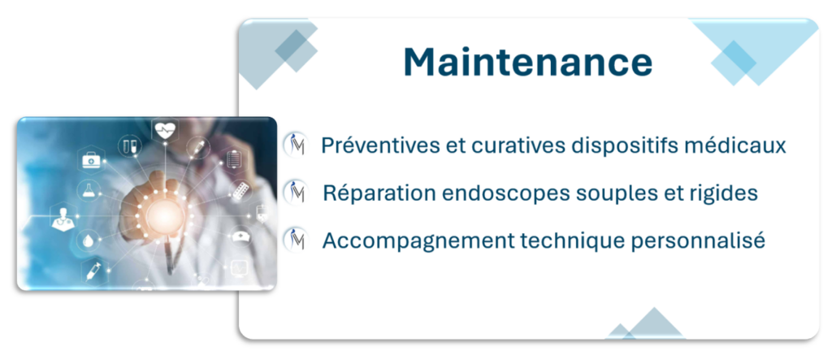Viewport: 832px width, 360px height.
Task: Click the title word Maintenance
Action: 528,62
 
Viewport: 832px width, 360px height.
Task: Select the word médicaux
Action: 746,145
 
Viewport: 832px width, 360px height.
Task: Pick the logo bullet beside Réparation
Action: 295,193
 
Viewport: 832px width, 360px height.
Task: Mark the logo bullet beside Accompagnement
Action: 295,240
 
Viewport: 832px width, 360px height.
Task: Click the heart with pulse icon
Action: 165,130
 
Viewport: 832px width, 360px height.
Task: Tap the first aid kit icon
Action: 90,159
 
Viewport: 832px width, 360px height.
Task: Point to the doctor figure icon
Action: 63,218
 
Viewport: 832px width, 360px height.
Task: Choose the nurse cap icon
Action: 240,236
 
